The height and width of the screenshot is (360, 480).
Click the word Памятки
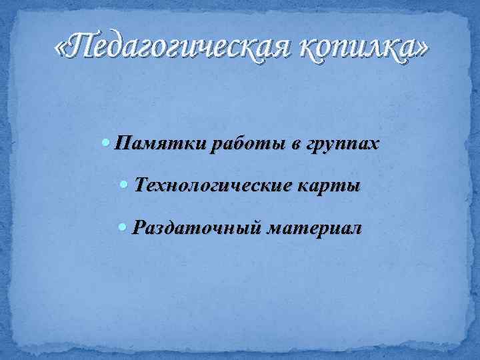click(160, 143)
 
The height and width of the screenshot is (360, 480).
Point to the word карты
click(329, 186)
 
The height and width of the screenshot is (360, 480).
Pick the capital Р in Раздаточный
click(139, 227)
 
